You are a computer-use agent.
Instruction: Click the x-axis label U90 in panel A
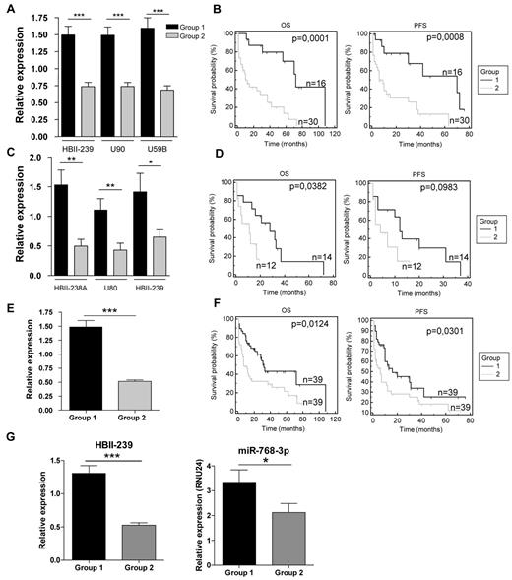coord(116,146)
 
